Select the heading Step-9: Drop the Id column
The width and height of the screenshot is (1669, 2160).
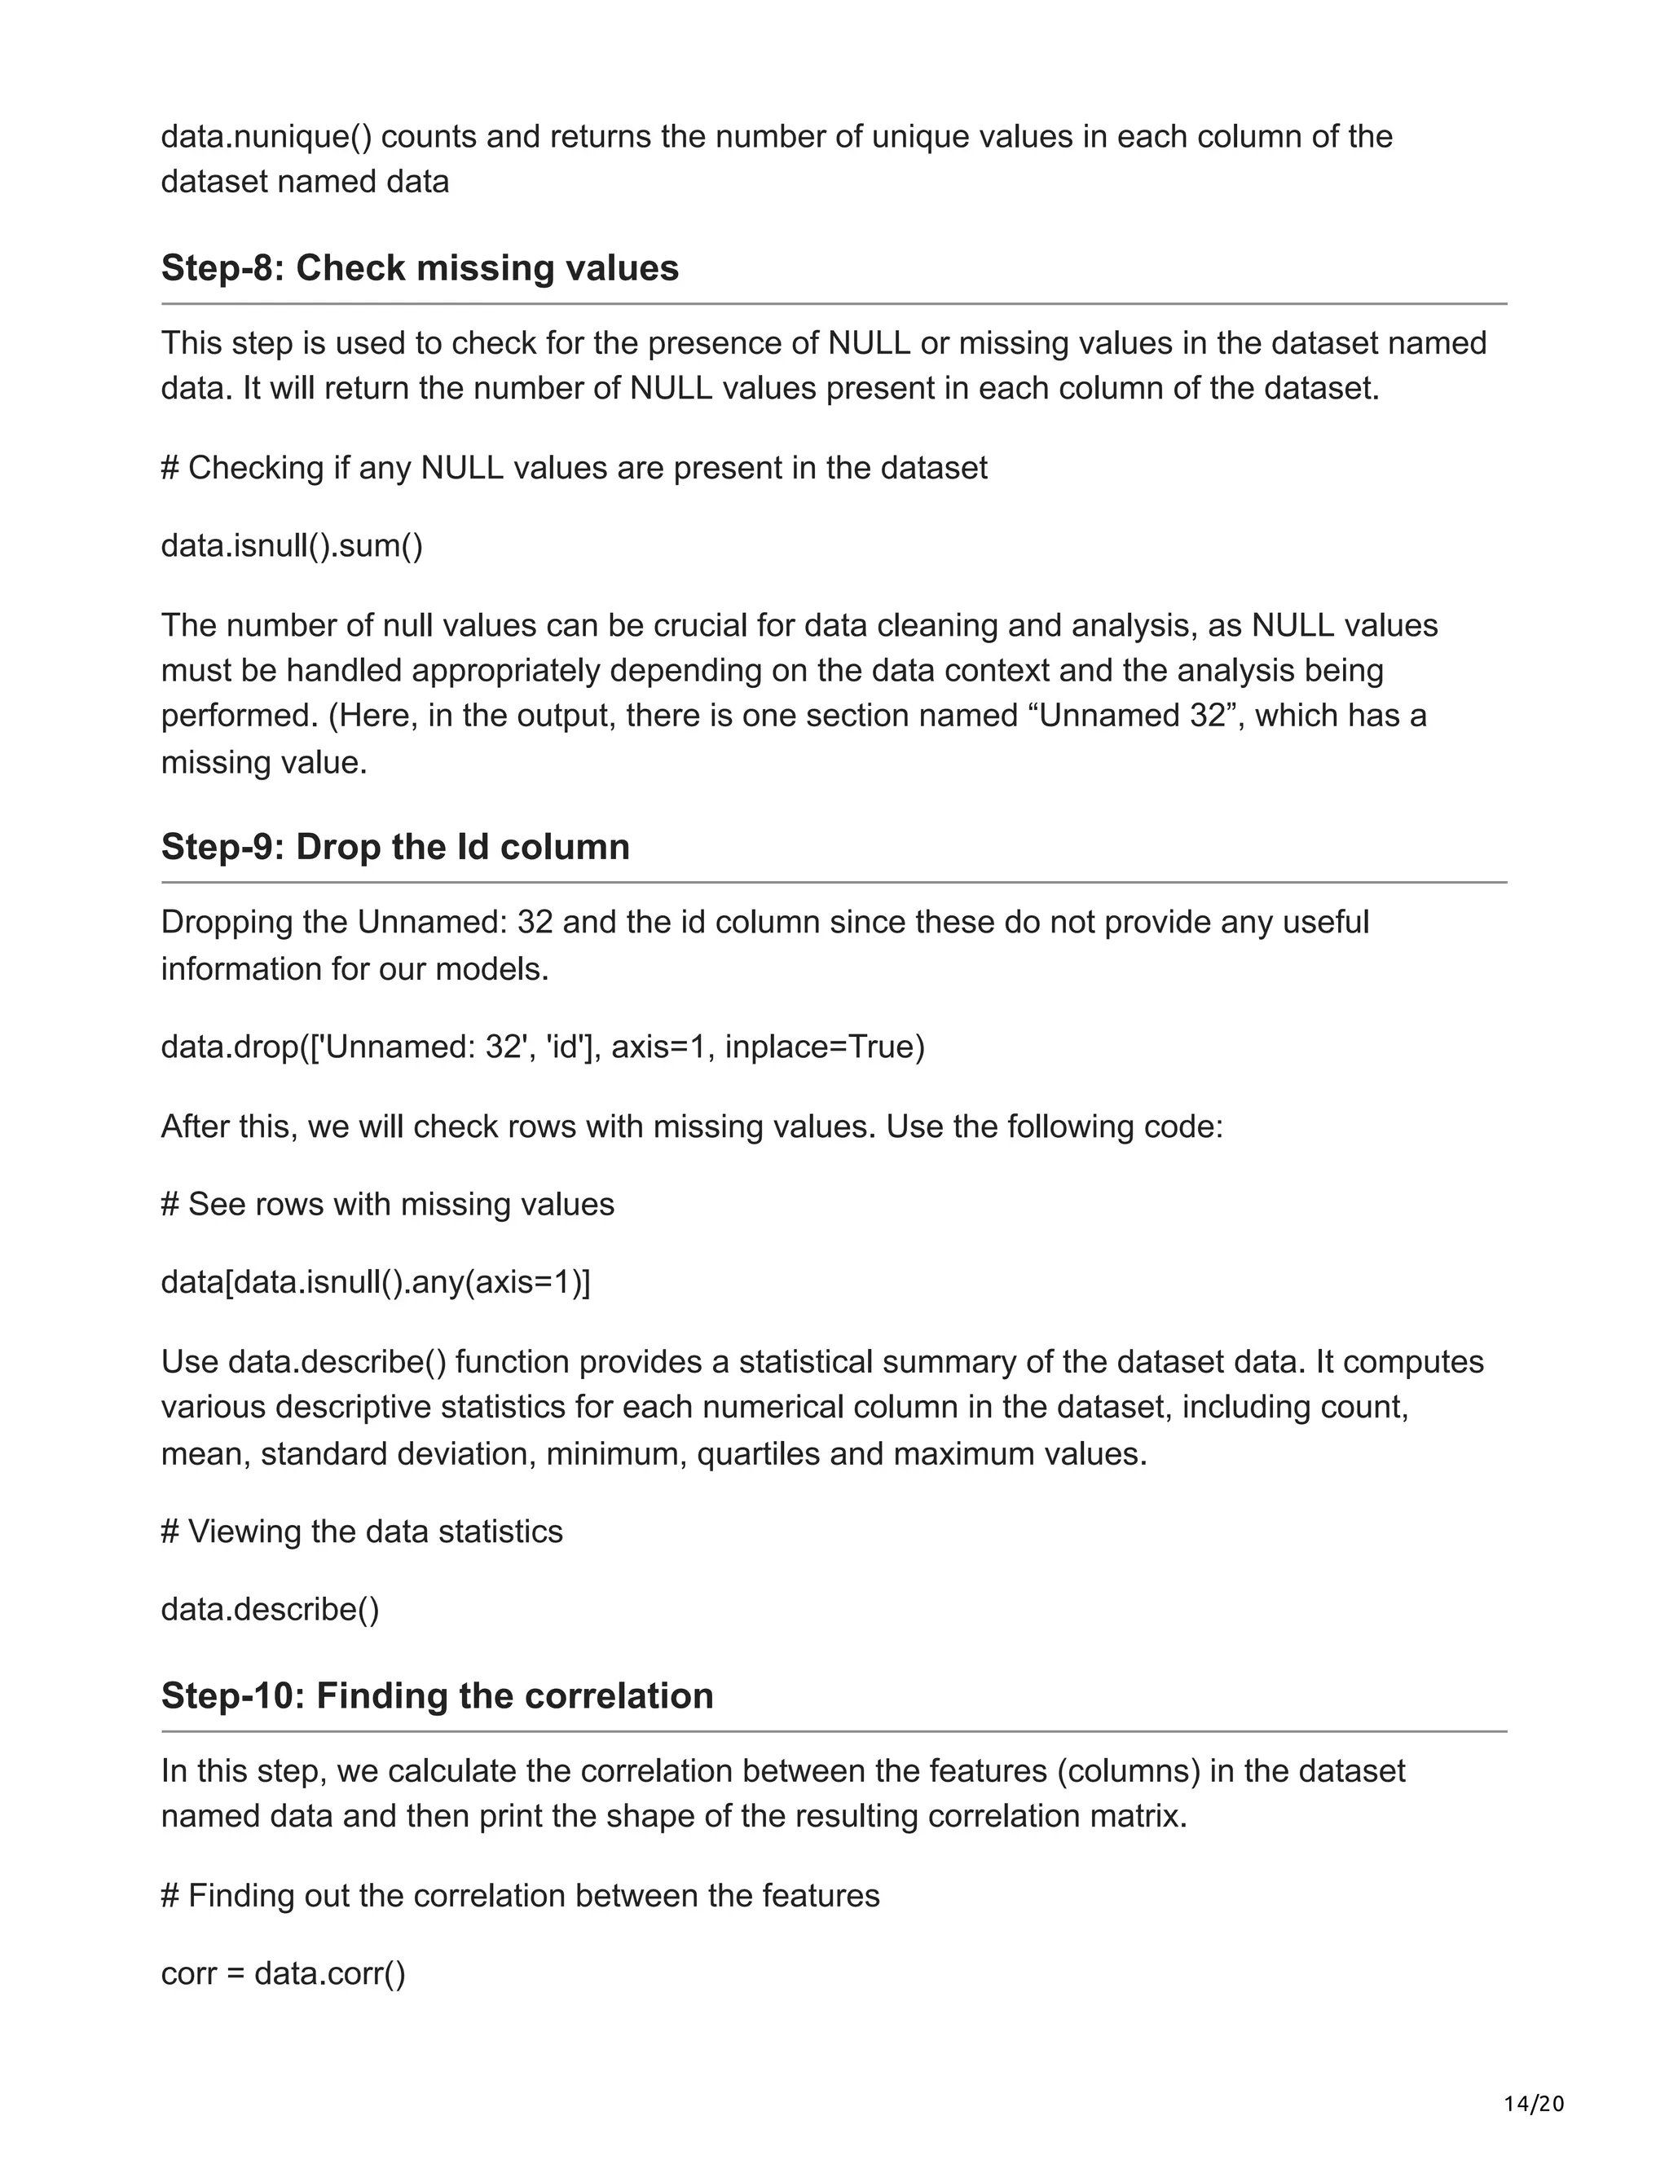pos(394,847)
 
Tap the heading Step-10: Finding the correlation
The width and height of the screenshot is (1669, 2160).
pos(437,1695)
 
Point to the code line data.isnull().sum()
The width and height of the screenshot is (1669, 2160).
pos(292,545)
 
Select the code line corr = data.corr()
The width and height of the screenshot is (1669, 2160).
pos(283,1973)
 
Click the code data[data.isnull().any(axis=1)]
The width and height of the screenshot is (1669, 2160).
pos(375,1282)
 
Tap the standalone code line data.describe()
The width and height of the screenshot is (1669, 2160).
pos(270,1609)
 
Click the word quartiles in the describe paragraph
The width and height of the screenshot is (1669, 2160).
pos(759,1454)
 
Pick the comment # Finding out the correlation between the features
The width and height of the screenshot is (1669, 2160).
pos(520,1895)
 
